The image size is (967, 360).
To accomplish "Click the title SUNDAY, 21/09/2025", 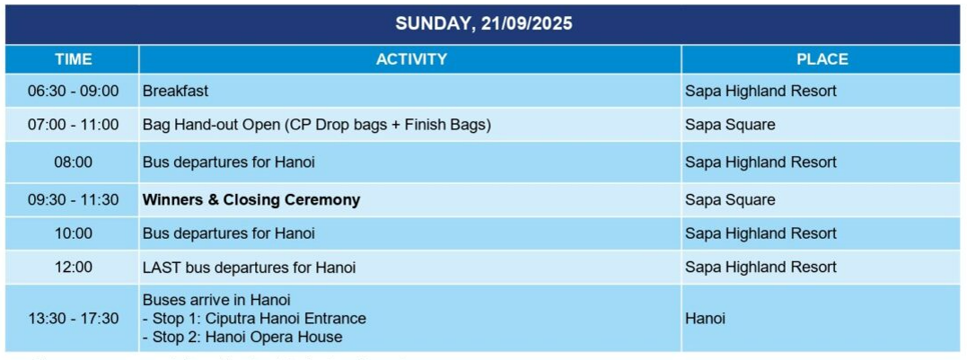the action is pyautogui.click(x=483, y=24).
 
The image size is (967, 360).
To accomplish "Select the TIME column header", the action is pyautogui.click(x=73, y=59).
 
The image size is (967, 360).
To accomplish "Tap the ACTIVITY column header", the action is pyautogui.click(x=411, y=59).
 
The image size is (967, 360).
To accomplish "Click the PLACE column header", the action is pyautogui.click(x=822, y=59).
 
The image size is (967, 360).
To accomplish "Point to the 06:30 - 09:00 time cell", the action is pyautogui.click(x=73, y=92).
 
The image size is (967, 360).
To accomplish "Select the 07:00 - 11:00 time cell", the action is pyautogui.click(x=73, y=125).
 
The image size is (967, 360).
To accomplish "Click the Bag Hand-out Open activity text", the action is pyautogui.click(x=317, y=125).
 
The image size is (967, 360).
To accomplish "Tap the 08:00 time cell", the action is pyautogui.click(x=73, y=162).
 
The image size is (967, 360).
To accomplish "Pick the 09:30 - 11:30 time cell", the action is pyautogui.click(x=73, y=200).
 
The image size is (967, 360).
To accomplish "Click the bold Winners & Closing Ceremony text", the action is pyautogui.click(x=251, y=200).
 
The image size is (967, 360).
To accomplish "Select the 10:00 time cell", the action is pyautogui.click(x=73, y=233).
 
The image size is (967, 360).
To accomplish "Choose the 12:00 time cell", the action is pyautogui.click(x=73, y=268).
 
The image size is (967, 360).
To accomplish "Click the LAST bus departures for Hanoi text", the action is pyautogui.click(x=249, y=268).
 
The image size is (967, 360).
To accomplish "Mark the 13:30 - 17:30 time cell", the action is pyautogui.click(x=73, y=319).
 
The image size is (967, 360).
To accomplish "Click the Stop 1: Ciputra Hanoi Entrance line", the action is pyautogui.click(x=255, y=319).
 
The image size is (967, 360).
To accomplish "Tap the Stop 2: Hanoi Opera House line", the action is pyautogui.click(x=243, y=338).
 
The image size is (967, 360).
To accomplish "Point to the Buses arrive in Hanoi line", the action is pyautogui.click(x=216, y=300).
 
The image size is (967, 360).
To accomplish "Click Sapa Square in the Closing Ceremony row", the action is pyautogui.click(x=730, y=200).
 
